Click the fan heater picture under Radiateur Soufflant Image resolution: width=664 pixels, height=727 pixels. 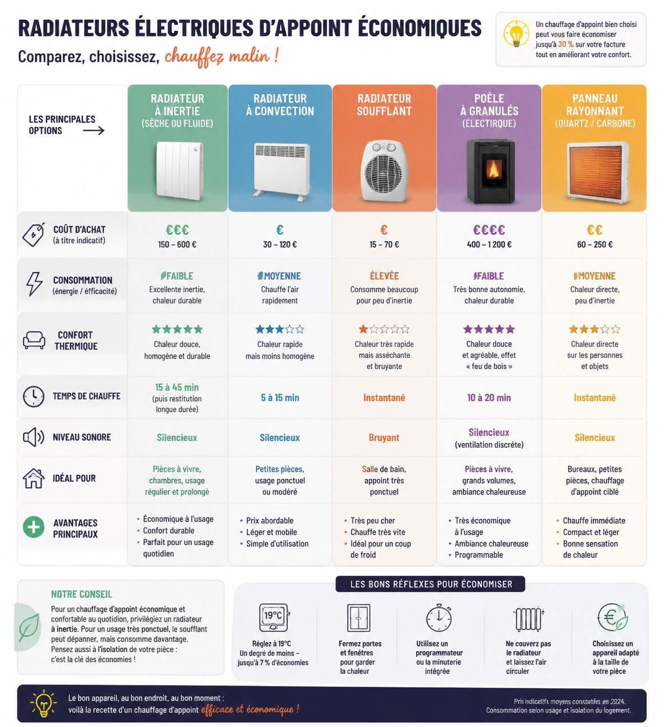384,171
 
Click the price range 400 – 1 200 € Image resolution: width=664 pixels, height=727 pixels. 489,244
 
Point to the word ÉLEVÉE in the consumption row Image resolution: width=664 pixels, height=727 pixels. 384,276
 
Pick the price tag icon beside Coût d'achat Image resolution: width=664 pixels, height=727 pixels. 33,234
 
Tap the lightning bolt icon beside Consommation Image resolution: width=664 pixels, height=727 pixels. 34,284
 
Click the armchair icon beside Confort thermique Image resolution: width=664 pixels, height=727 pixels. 34,340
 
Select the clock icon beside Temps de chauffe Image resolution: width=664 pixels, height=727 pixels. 34,396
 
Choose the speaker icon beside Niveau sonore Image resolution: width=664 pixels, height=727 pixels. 34,437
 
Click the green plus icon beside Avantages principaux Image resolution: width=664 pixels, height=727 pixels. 34,527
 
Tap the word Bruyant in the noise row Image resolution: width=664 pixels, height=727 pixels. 384,437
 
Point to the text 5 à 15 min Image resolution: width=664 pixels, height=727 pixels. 280,397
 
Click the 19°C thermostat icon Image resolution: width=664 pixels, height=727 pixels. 274,617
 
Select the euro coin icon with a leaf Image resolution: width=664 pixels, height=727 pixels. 612,617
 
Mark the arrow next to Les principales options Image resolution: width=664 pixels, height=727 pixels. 94,130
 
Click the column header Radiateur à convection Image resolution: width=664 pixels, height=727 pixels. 280,105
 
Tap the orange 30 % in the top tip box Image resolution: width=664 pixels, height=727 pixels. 566,44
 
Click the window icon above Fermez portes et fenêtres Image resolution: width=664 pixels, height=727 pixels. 359,617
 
